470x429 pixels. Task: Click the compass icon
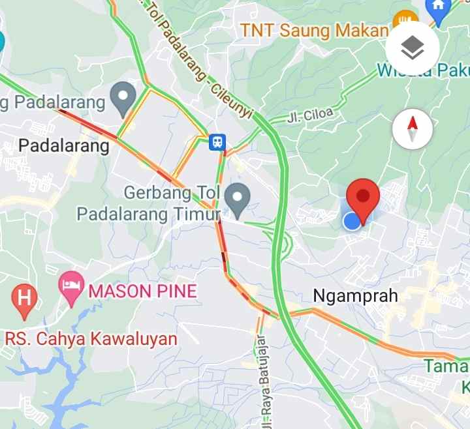pyautogui.click(x=413, y=129)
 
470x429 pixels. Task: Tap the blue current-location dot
pyautogui.click(x=352, y=220)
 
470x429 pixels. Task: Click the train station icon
pyautogui.click(x=217, y=141)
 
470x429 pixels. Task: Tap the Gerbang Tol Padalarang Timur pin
pyautogui.click(x=237, y=199)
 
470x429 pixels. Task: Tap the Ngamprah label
pyautogui.click(x=355, y=295)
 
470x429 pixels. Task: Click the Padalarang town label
pyautogui.click(x=64, y=145)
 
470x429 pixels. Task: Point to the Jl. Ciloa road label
pyautogui.click(x=310, y=116)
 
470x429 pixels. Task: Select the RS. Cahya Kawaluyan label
pyautogui.click(x=91, y=339)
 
